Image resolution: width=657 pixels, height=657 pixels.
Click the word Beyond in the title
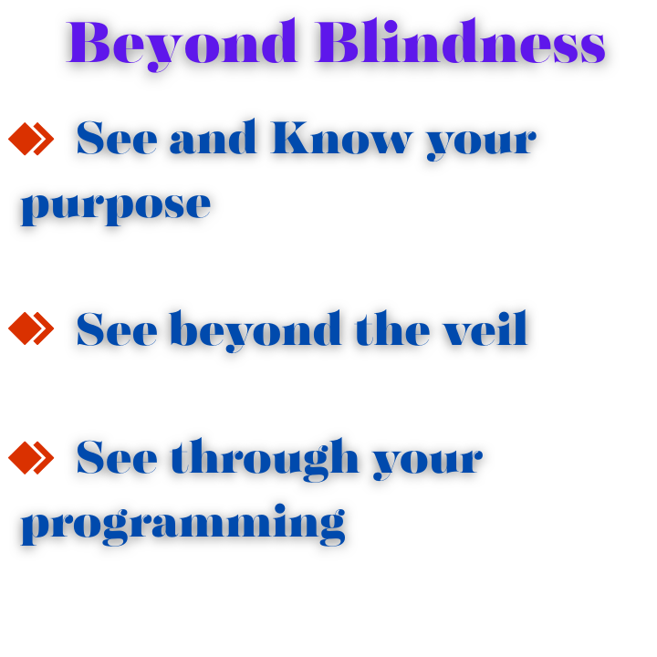click(x=182, y=45)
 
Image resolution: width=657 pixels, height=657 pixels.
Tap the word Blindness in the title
click(x=461, y=41)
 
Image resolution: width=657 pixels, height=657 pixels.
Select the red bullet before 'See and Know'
click(x=31, y=139)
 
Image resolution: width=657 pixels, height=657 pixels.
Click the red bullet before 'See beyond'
click(x=31, y=328)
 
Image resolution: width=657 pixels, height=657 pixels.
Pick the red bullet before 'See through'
click(x=31, y=457)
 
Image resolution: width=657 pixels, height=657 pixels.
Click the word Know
click(x=341, y=137)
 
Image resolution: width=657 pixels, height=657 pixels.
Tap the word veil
click(x=485, y=328)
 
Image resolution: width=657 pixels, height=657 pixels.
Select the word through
click(x=265, y=460)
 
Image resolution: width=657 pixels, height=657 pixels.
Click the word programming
click(x=183, y=525)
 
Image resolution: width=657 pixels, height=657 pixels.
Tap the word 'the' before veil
click(x=392, y=328)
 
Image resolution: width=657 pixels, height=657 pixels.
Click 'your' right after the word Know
click(x=482, y=143)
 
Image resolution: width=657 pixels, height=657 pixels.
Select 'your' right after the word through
click(x=428, y=463)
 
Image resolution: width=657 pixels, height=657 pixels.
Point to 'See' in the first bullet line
click(x=117, y=138)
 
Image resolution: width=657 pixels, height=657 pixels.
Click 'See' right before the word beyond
click(x=117, y=328)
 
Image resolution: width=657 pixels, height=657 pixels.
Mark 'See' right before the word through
click(x=117, y=457)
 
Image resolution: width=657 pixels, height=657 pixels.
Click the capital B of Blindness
click(x=338, y=42)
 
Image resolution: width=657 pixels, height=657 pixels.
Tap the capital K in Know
click(x=297, y=138)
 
